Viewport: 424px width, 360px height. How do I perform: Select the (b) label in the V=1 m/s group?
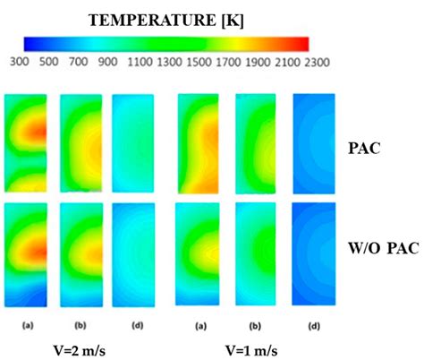tap(256, 314)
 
